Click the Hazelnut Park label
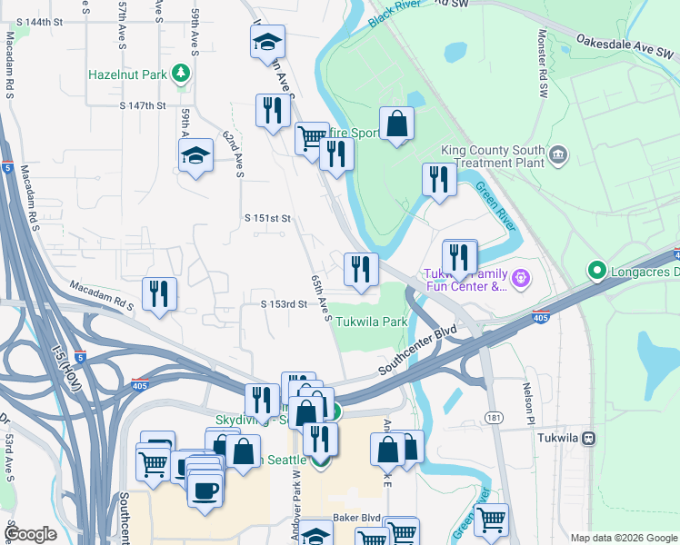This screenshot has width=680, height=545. pos(127,74)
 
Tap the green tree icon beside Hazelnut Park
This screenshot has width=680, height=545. pos(182,73)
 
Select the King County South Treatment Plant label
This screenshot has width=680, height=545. pos(492,156)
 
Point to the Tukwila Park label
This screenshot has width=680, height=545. pos(371,322)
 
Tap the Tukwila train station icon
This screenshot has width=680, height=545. pos(589,438)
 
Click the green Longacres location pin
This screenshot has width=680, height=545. pos(596,270)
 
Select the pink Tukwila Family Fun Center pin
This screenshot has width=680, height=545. pos(519,276)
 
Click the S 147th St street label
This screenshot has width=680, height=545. pos(143,105)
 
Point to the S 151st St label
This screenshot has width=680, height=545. pos(268,218)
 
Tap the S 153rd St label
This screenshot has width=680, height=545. pos(284,304)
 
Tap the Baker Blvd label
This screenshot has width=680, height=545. pos(355,518)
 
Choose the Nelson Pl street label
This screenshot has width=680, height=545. pos(528,403)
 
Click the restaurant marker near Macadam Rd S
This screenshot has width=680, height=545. pos(159,293)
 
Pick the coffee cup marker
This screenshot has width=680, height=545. pos(205,490)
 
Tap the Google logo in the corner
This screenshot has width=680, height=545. pos(33,534)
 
